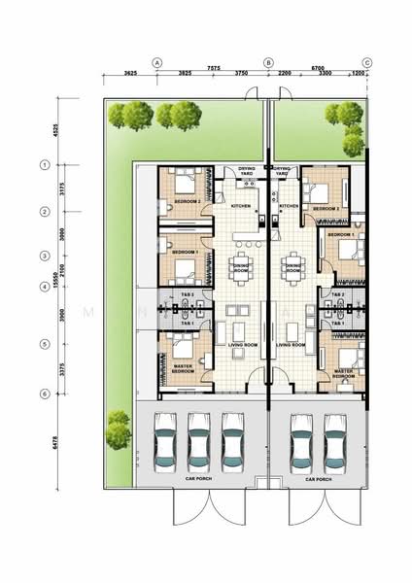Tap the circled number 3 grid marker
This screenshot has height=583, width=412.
click(45, 256)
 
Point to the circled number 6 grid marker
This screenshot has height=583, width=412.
click(45, 393)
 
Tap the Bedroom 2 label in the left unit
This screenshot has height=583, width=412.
click(187, 201)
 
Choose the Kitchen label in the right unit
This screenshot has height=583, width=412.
click(290, 206)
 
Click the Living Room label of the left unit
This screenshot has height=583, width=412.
click(237, 345)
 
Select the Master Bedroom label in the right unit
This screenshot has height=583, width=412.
click(343, 373)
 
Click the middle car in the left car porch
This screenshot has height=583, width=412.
click(199, 443)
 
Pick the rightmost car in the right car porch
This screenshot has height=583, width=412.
click(337, 443)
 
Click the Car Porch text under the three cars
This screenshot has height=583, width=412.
click(198, 479)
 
